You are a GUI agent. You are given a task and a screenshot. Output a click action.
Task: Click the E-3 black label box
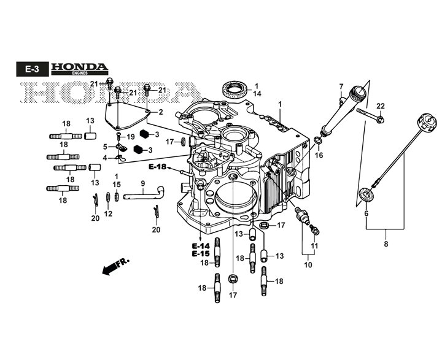pos(33,69)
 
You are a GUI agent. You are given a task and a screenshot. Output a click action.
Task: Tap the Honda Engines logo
pos(79,69)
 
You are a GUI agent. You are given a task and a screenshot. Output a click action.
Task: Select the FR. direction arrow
pos(115,266)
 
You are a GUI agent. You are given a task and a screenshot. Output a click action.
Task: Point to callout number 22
pos(380,106)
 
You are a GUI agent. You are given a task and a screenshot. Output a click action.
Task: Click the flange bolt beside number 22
pos(370,115)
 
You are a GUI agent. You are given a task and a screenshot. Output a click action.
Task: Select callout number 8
pos(386,244)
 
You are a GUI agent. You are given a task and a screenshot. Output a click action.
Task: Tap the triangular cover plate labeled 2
pos(127,116)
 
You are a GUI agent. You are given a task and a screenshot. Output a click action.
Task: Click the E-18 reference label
pos(158,167)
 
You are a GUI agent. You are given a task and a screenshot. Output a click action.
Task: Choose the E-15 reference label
pos(201,254)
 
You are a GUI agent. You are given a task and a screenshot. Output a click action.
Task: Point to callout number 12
pos(108,214)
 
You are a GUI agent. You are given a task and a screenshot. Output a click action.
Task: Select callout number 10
pos(308,265)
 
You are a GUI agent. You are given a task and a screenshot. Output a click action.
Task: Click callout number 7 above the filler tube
pos(341,86)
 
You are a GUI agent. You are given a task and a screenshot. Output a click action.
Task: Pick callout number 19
pos(131,137)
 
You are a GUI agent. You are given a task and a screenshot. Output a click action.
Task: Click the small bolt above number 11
pos(314,229)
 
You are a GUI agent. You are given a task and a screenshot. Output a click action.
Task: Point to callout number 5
pos(105,147)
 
